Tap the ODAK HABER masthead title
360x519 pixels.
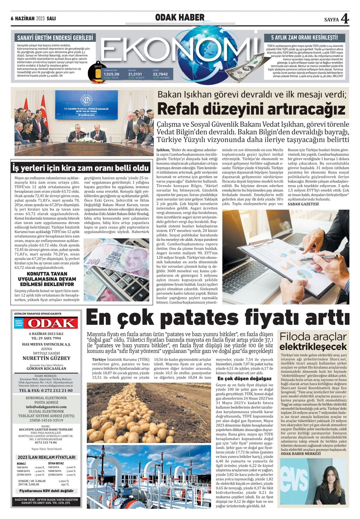click(x=180, y=18)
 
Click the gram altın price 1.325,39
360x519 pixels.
click(x=111, y=74)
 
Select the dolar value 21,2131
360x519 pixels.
click(x=135, y=74)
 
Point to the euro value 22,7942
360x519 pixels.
click(x=160, y=74)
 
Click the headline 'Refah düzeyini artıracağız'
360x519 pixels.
click(x=251, y=109)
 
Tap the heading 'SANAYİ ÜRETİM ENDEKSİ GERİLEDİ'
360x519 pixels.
click(x=55, y=38)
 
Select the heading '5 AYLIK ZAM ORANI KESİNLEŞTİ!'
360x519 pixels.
click(x=304, y=38)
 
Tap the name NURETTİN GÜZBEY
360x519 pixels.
click(x=46, y=358)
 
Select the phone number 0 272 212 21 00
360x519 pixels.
click(x=46, y=391)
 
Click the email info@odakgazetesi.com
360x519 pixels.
click(x=46, y=407)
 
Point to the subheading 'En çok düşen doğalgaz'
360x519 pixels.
click(x=244, y=379)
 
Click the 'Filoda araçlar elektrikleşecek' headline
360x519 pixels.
click(x=313, y=342)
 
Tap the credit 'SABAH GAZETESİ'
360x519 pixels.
click(x=303, y=204)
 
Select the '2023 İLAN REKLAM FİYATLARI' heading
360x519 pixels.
click(x=46, y=457)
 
